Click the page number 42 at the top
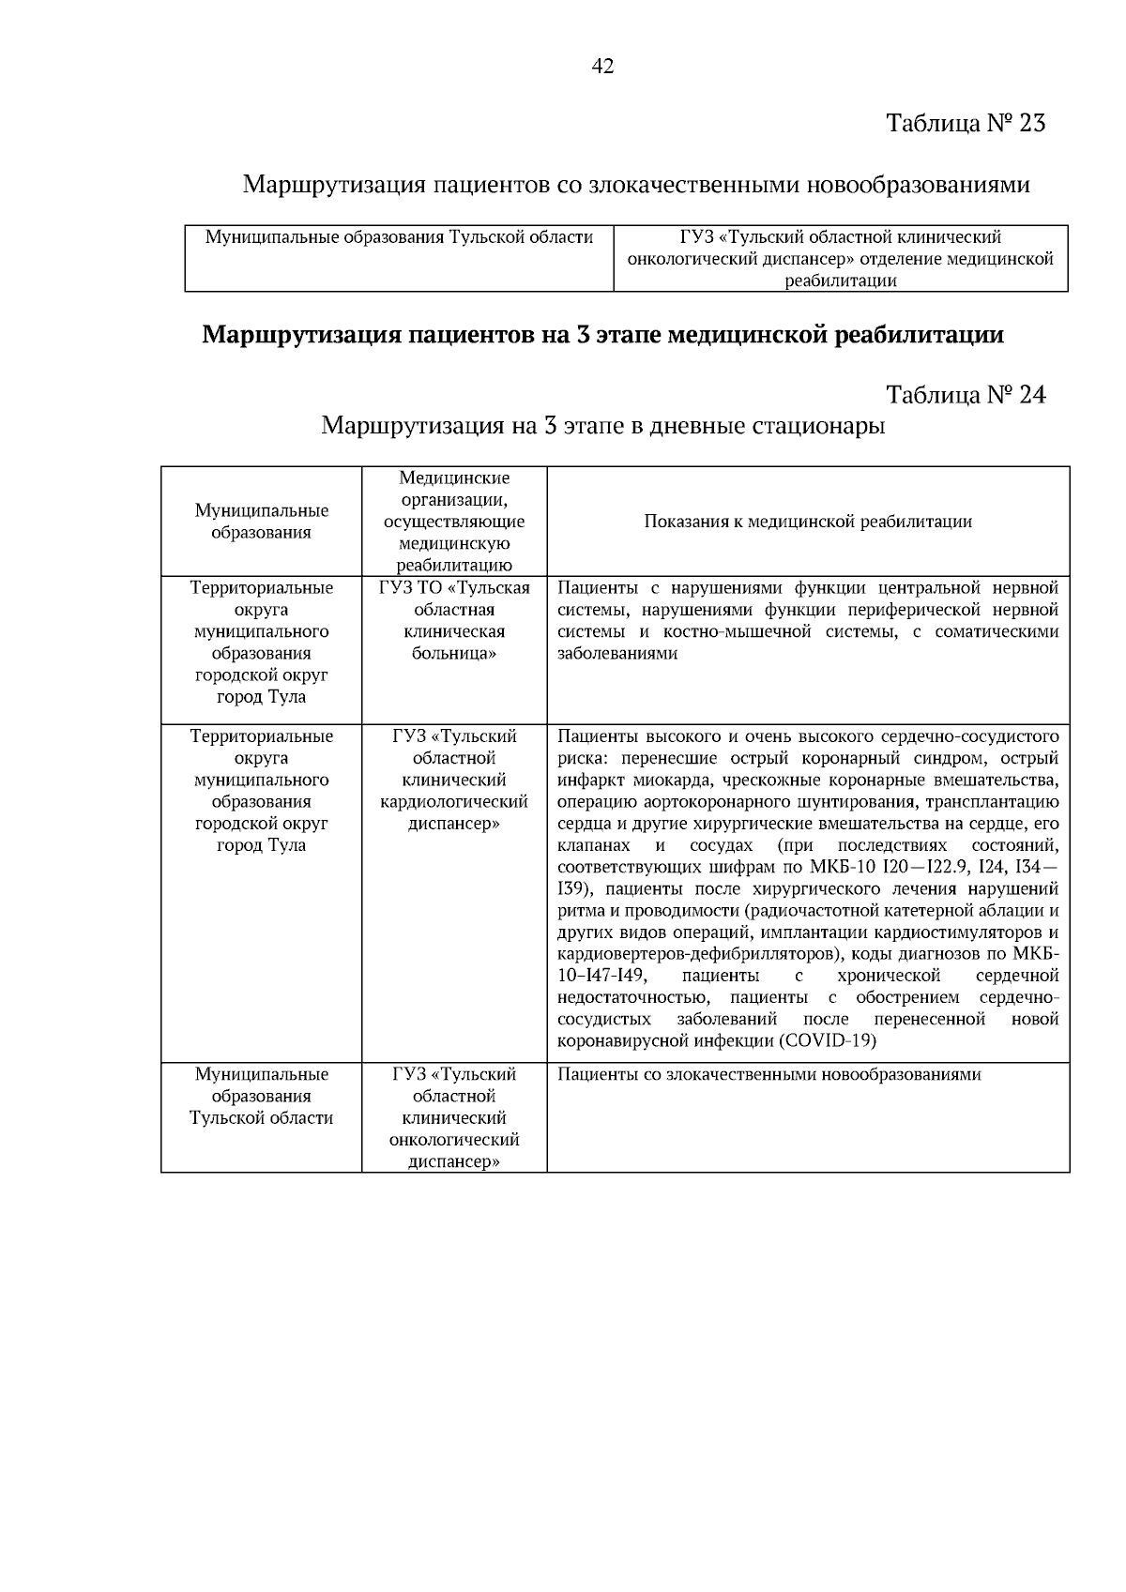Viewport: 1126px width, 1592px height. pyautogui.click(x=603, y=66)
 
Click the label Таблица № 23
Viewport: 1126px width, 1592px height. pyautogui.click(x=966, y=123)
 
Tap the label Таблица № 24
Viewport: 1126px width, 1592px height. pyautogui.click(x=966, y=395)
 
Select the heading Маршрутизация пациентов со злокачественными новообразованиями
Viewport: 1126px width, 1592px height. pyautogui.click(x=636, y=184)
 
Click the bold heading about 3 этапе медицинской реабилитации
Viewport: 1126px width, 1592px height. pyautogui.click(x=602, y=335)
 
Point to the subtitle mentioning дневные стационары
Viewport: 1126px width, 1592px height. pyautogui.click(x=602, y=426)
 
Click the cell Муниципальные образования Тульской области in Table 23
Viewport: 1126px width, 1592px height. pyautogui.click(x=399, y=238)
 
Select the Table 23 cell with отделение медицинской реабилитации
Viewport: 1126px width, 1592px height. pyautogui.click(x=840, y=259)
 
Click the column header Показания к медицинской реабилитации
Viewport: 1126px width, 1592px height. pyautogui.click(x=807, y=522)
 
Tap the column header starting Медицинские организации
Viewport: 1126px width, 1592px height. pyautogui.click(x=454, y=522)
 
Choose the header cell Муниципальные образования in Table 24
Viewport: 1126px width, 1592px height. pyautogui.click(x=261, y=522)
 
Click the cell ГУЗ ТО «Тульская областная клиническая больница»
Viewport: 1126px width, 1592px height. pyautogui.click(x=454, y=620)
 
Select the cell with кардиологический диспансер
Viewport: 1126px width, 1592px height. pyautogui.click(x=454, y=780)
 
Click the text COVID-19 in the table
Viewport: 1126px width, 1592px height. pyautogui.click(x=828, y=1041)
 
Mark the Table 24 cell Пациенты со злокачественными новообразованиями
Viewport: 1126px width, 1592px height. pyautogui.click(x=769, y=1075)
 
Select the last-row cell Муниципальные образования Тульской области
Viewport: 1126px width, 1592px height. pyautogui.click(x=261, y=1096)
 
